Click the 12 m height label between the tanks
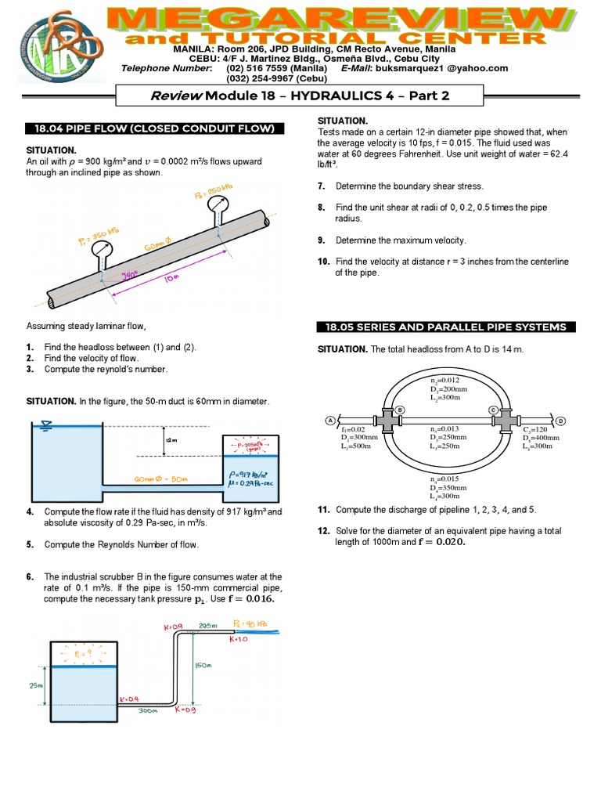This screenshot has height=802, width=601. [x=170, y=440]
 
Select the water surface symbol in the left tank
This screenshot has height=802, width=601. [x=46, y=425]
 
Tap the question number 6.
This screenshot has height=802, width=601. [x=30, y=577]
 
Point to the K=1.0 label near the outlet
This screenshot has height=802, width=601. [x=238, y=639]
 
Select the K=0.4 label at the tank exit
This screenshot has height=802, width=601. [x=128, y=698]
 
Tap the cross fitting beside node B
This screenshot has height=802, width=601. [x=387, y=421]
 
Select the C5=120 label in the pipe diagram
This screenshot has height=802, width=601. [x=536, y=429]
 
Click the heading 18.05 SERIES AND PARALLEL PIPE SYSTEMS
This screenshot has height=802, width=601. [x=446, y=327]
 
